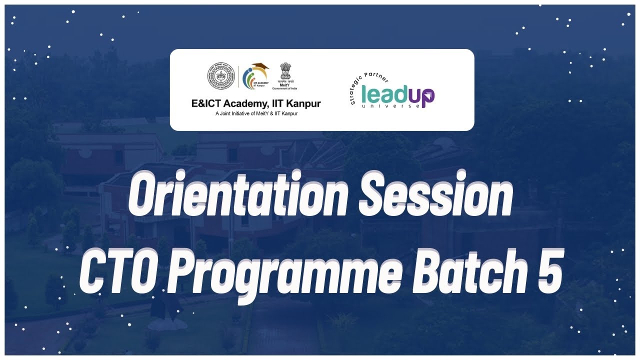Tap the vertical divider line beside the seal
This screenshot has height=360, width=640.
tap(238, 77)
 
